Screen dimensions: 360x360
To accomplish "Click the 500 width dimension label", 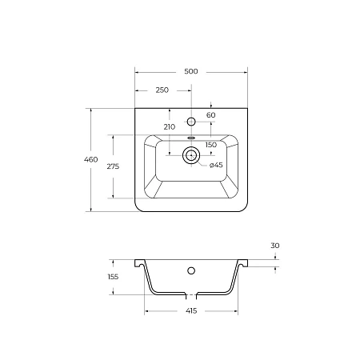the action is pyautogui.click(x=191, y=71).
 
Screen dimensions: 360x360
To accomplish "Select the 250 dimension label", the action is pyautogui.click(x=162, y=90).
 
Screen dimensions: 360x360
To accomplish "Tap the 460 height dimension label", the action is pyautogui.click(x=91, y=159).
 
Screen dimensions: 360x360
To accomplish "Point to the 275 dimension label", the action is pyautogui.click(x=113, y=166).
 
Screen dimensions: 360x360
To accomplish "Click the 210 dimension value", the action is pyautogui.click(x=170, y=127).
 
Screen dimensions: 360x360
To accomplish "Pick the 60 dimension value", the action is pyautogui.click(x=211, y=115).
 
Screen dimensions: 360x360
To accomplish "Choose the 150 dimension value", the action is pyautogui.click(x=211, y=145).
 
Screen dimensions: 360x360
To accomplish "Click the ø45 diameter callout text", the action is pyautogui.click(x=216, y=165).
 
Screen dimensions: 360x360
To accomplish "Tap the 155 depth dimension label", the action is pyautogui.click(x=113, y=277).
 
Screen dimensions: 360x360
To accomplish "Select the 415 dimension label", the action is pyautogui.click(x=191, y=310).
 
